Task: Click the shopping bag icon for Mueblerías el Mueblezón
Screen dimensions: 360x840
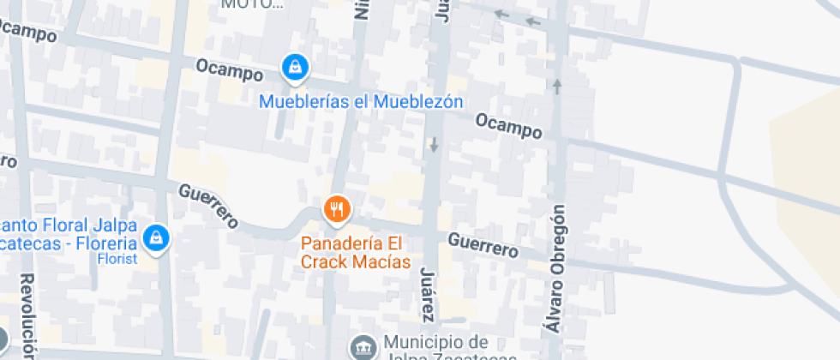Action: (295, 66)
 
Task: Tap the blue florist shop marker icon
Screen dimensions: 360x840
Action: (155, 237)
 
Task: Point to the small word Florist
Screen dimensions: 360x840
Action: (117, 258)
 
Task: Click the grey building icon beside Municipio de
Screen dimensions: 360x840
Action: (363, 346)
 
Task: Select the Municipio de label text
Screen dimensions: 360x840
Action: (436, 341)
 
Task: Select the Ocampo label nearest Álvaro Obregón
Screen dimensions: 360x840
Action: (509, 126)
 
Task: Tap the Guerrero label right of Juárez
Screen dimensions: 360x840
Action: (483, 245)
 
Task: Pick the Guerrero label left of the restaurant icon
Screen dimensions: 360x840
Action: (208, 205)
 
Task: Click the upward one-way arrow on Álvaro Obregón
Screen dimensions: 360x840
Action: (558, 86)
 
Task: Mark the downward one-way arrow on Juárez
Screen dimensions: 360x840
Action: (434, 145)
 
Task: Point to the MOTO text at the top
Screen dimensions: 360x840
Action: (252, 4)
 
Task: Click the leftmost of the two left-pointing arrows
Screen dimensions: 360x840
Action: (501, 14)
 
